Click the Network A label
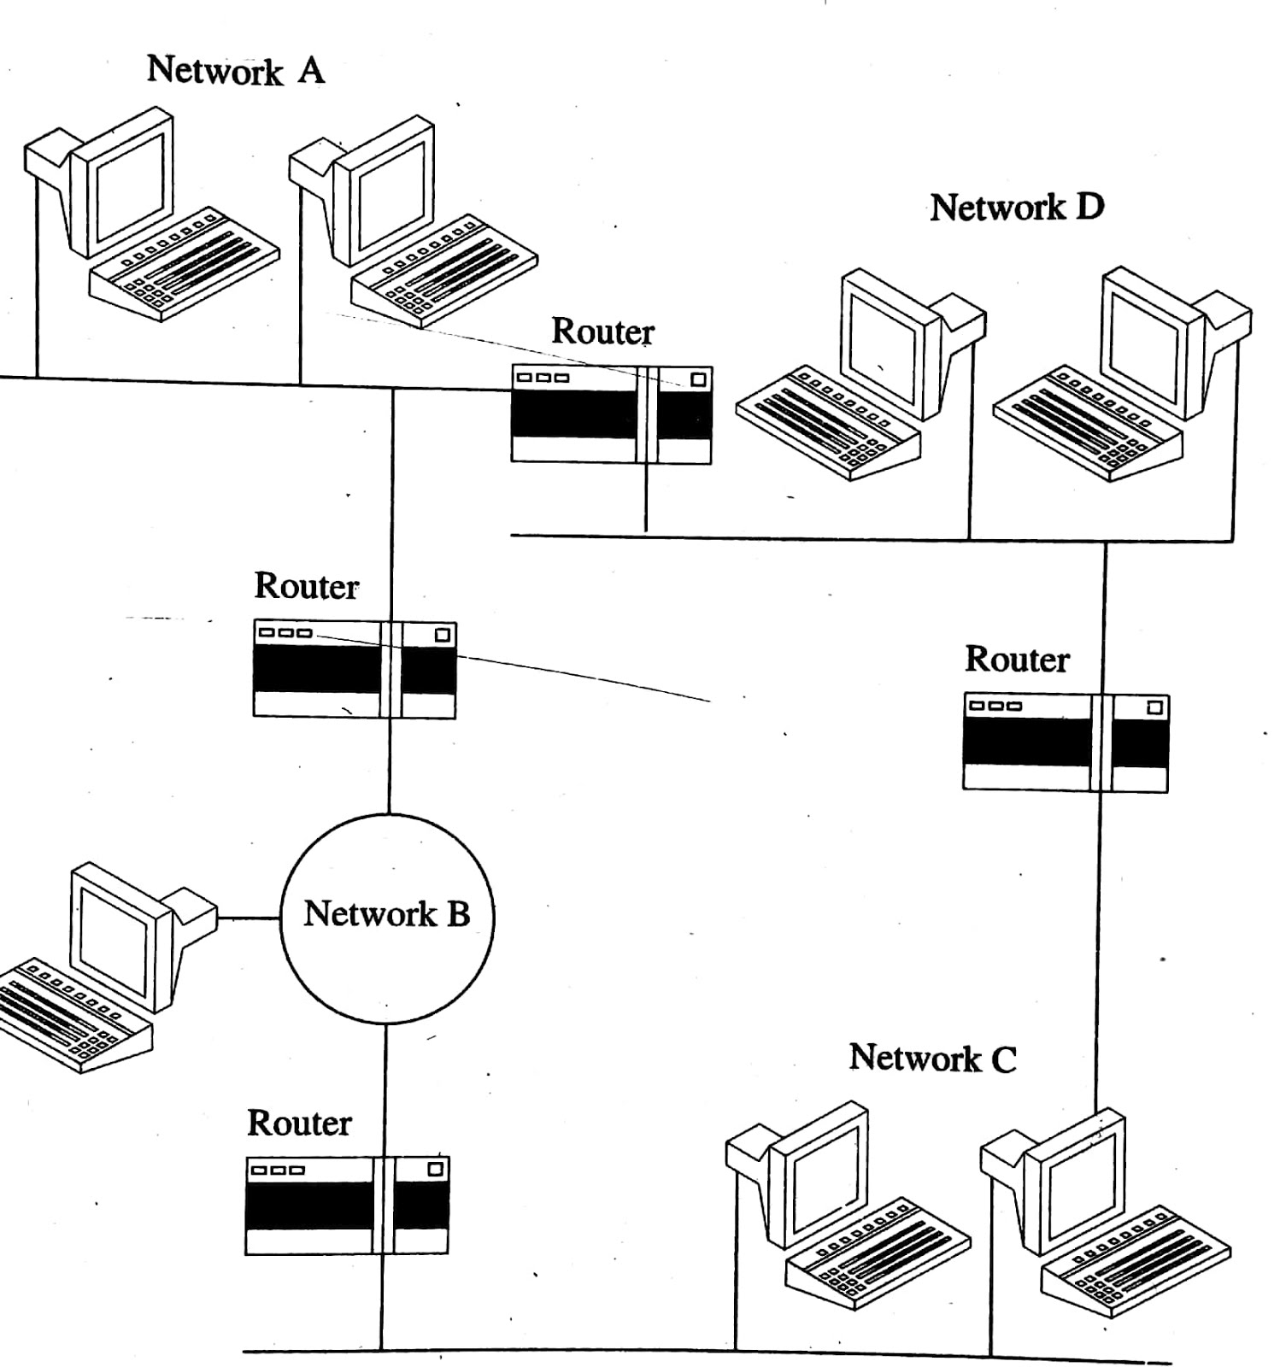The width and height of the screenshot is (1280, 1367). point(236,70)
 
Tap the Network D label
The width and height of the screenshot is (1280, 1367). point(1017,208)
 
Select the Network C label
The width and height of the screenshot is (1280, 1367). point(932,1059)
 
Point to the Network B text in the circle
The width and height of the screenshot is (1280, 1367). point(386,914)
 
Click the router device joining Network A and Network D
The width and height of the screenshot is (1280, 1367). point(611,415)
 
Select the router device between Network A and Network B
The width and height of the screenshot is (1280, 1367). point(355,670)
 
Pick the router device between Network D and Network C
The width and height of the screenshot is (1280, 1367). point(1065,742)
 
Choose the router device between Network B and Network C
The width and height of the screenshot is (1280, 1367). point(346,1206)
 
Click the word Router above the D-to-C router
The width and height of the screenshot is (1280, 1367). point(1017,660)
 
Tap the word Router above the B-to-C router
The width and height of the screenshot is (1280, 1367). point(299,1124)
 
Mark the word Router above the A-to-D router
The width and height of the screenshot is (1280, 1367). point(602,331)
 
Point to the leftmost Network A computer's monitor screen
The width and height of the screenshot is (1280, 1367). point(129,187)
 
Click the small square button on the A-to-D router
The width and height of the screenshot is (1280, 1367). point(698,378)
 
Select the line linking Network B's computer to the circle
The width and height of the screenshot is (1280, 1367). point(249,918)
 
